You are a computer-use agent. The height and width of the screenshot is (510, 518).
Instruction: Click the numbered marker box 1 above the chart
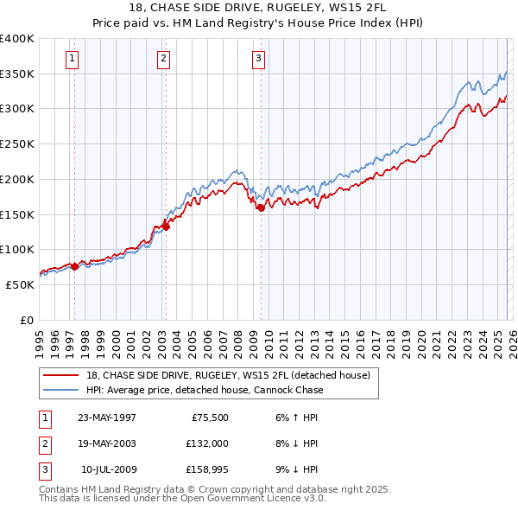[72, 59]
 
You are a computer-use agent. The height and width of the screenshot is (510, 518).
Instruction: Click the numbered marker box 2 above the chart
[163, 59]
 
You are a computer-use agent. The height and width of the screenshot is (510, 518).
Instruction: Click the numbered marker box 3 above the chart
[258, 59]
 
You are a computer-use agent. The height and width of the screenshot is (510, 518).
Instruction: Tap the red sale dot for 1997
[74, 266]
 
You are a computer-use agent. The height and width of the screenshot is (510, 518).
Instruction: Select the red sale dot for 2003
[166, 226]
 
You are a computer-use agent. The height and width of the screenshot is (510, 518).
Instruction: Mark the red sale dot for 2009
[261, 207]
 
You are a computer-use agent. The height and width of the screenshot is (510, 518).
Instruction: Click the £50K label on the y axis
[20, 284]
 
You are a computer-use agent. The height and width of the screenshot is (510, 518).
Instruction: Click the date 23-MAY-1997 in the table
[107, 418]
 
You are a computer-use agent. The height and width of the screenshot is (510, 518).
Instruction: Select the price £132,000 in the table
[207, 443]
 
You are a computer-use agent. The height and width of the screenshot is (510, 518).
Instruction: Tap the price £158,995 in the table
[207, 469]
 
